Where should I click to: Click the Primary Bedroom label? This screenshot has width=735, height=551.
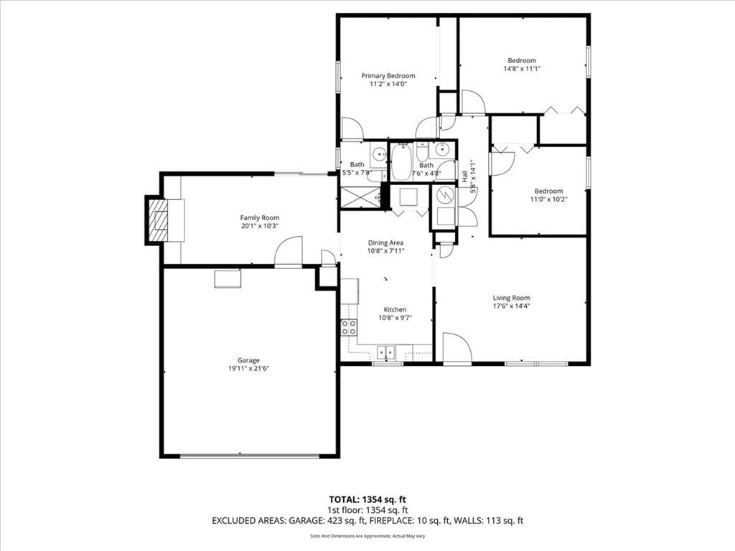coord(388,76)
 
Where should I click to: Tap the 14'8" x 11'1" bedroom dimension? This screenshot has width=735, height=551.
coord(522,68)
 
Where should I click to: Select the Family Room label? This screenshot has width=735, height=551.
coord(260,218)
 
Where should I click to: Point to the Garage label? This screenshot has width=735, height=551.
coord(248,360)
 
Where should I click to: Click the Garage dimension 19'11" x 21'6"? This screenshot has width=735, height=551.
coord(248,369)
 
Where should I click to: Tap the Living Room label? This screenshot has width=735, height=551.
coord(511,298)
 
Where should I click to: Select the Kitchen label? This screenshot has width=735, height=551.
coord(395,310)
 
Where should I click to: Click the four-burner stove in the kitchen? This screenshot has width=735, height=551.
coord(349,327)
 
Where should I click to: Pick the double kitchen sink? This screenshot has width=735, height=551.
coord(387,351)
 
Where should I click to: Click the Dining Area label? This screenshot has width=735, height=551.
coord(385,242)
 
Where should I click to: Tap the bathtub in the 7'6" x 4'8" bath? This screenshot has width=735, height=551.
coord(401,161)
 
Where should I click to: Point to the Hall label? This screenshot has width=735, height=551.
coord(464,176)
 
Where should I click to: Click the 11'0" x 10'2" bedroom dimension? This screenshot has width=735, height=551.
coord(549,199)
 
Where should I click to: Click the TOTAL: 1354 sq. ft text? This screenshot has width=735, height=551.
coord(367,499)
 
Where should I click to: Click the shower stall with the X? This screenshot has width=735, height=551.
coord(361,197)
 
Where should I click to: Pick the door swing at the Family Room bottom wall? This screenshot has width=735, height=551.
coord(289,252)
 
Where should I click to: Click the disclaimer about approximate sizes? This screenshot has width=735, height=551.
coord(367,536)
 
